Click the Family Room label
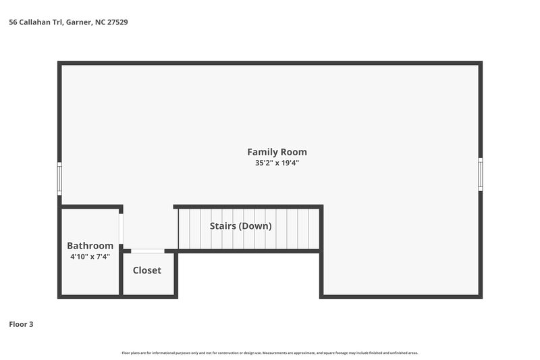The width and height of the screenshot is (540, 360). coord(277,152)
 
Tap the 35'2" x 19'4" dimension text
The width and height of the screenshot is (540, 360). coord(277,163)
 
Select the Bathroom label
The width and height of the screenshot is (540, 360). coord(90,246)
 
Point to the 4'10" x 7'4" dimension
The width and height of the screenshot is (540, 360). coord(90,257)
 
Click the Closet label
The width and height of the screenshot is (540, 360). coord(146,270)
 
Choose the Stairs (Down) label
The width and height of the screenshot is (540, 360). coord(240,226)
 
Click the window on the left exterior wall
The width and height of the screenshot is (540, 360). coord(59,179)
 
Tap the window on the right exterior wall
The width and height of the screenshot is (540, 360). coord(481,174)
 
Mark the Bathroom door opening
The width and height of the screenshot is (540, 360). coord(122,229)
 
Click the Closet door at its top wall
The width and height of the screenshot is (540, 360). coord(147,251)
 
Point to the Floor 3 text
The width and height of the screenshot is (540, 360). coord(21,324)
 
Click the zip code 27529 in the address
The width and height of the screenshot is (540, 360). coord(116,22)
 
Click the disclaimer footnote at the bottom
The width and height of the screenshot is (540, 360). coord(269,353)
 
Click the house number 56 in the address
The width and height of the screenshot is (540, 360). coord(12,22)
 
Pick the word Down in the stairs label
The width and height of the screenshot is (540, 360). coord(256,226)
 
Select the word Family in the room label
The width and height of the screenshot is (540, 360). coord(261,152)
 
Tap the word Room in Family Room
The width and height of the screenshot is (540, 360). coord(294,152)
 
